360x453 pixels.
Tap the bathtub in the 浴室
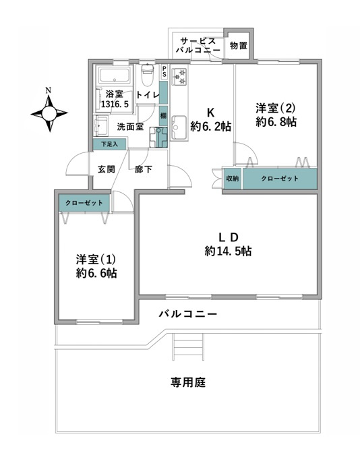[x=115, y=75]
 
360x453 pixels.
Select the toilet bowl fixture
[x=148, y=75]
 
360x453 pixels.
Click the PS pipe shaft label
[x=164, y=71]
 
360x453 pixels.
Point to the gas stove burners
[x=179, y=77]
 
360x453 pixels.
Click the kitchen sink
[x=179, y=127]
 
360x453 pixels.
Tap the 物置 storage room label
[x=239, y=46]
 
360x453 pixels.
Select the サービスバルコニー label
[x=198, y=45]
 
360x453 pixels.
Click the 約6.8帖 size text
[x=276, y=121]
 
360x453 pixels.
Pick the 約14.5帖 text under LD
[x=228, y=251]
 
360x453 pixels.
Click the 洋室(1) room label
[x=96, y=259]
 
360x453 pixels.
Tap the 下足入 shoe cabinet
[x=109, y=144]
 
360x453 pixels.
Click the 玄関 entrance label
[x=107, y=169]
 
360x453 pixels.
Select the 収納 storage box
[x=233, y=179]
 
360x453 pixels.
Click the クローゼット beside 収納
[x=280, y=179]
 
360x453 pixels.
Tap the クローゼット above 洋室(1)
[x=84, y=203]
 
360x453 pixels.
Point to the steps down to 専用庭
[x=188, y=346]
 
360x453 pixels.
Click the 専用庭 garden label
[x=188, y=382]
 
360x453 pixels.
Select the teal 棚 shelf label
[x=163, y=116]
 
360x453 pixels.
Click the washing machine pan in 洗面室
[x=158, y=138]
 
